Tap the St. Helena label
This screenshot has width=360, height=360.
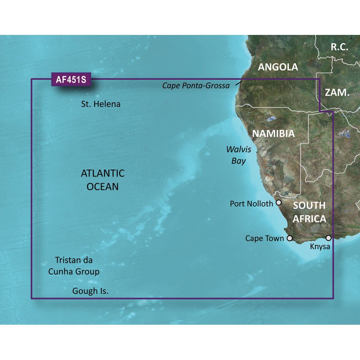pyautogui.click(x=100, y=104)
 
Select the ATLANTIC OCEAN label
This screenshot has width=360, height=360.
pyautogui.click(x=103, y=180)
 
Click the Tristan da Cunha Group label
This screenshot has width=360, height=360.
pyautogui.click(x=74, y=266)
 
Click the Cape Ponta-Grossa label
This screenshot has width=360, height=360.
pyautogui.click(x=196, y=86)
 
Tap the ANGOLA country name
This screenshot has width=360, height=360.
pyautogui.click(x=278, y=67)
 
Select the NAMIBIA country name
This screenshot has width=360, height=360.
pyautogui.click(x=273, y=134)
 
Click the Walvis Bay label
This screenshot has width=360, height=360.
pyautogui.click(x=239, y=155)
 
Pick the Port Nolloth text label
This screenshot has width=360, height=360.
pyautogui.click(x=251, y=204)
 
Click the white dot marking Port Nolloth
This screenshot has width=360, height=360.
pyautogui.click(x=279, y=203)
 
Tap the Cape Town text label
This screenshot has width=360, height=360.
pyautogui.click(x=265, y=238)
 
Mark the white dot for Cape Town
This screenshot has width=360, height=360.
pyautogui.click(x=289, y=238)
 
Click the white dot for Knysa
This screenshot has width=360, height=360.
pyautogui.click(x=328, y=238)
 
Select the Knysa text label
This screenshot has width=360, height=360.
pyautogui.click(x=320, y=247)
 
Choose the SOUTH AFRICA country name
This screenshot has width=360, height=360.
pyautogui.click(x=309, y=212)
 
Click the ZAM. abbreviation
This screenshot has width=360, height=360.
pyautogui.click(x=337, y=93)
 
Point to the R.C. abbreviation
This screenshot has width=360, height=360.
pyautogui.click(x=339, y=46)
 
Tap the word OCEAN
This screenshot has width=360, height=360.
pyautogui.click(x=103, y=186)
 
